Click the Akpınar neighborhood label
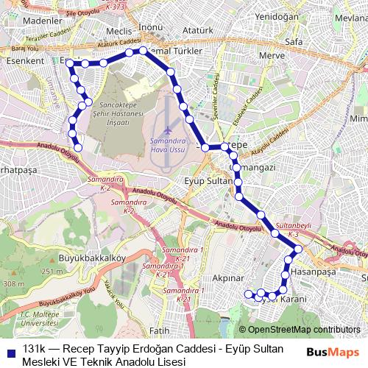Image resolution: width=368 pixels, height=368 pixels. (x=227, y=279)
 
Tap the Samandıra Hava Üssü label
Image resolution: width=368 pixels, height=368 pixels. (x=170, y=144)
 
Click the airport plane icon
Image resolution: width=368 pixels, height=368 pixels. (x=169, y=130)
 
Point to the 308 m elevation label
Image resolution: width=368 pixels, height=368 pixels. (x=13, y=284)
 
